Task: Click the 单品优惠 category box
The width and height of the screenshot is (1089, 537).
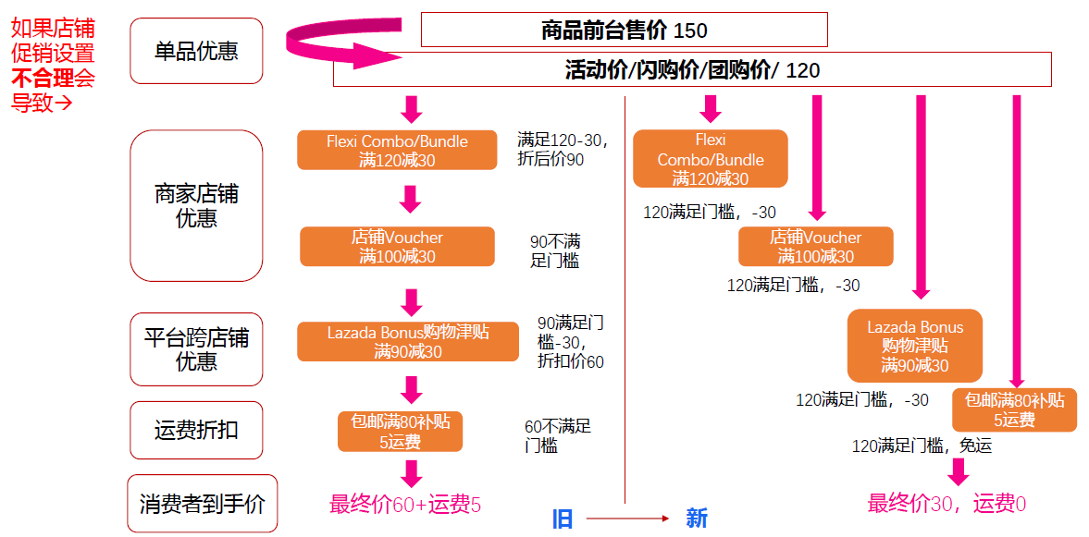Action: [196, 51]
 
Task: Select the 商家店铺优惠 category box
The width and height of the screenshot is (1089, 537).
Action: [196, 205]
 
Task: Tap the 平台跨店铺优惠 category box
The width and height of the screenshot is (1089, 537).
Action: [196, 349]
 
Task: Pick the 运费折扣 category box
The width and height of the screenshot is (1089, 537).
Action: [196, 430]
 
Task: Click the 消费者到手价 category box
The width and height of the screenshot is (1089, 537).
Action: [202, 503]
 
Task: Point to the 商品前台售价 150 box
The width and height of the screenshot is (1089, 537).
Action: [625, 30]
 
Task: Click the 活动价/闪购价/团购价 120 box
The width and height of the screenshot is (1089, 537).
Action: [692, 69]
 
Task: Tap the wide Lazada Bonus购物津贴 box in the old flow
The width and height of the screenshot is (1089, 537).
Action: [408, 341]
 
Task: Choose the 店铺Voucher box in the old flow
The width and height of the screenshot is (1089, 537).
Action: [397, 246]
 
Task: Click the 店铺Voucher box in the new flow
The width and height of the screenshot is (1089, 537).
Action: [816, 246]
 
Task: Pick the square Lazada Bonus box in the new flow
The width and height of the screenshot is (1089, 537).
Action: [915, 346]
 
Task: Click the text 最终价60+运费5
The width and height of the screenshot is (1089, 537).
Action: [405, 505]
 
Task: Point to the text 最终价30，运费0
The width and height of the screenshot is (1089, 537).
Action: [947, 503]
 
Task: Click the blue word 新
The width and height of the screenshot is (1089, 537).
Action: [697, 518]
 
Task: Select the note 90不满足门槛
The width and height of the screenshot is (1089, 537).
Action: [556, 251]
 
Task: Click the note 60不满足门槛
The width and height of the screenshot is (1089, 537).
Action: [559, 435]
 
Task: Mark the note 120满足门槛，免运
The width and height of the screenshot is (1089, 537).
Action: [922, 445]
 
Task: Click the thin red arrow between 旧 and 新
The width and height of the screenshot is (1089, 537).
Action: [628, 519]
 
